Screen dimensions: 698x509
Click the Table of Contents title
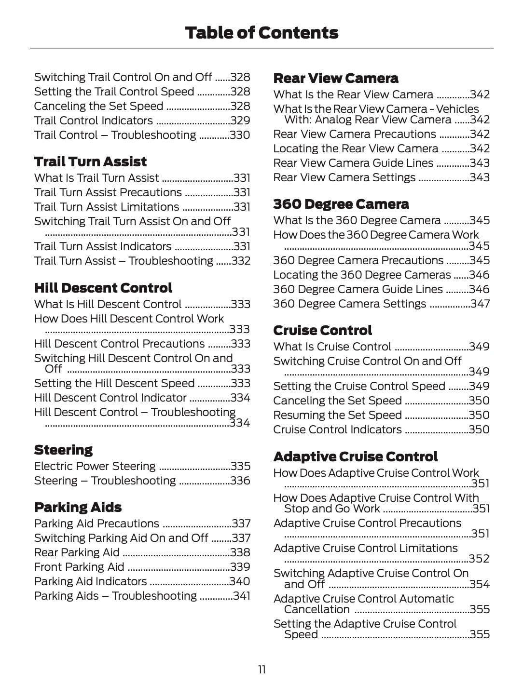[x=261, y=33]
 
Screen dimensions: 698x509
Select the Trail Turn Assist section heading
[x=90, y=161]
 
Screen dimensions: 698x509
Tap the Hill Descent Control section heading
[x=103, y=288]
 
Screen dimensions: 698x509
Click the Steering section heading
[x=63, y=450]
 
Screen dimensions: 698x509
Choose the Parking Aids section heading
[x=78, y=507]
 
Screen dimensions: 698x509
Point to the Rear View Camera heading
[x=335, y=78]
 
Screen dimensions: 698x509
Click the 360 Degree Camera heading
[x=341, y=204]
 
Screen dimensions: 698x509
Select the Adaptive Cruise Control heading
[x=355, y=456]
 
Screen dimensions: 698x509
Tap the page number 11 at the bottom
[x=261, y=670]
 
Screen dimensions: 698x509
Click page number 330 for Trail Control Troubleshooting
[x=240, y=135]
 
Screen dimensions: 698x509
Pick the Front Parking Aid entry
[x=79, y=567]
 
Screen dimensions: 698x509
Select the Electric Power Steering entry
[x=95, y=466]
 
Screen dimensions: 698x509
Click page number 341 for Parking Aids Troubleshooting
[x=241, y=596]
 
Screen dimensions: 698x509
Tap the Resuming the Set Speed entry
[x=337, y=415]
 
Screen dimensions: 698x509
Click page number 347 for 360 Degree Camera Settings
[x=480, y=304]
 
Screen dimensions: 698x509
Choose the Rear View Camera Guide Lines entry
[x=353, y=163]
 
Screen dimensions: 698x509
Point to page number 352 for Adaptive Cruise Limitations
[x=479, y=559]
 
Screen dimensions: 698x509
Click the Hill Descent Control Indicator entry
[x=110, y=398]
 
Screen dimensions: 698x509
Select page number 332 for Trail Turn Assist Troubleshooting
[x=241, y=261]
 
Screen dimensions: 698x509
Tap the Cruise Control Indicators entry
[x=337, y=430]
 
